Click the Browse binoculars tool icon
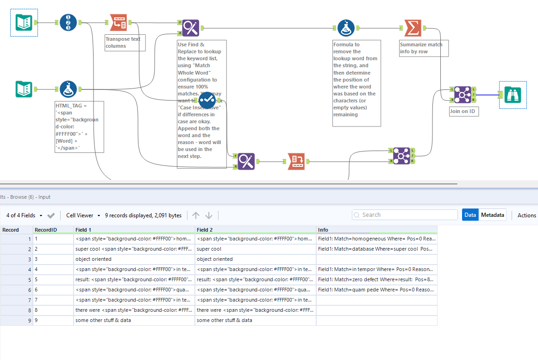point(513,95)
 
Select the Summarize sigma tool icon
point(413,28)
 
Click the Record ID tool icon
point(68,22)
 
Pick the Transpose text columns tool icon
point(118,22)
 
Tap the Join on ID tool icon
point(462,95)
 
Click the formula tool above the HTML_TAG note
point(68,89)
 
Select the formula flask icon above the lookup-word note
point(346,28)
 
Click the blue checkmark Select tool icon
point(207,101)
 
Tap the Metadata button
point(492,215)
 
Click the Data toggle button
point(470,215)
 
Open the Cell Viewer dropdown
point(83,215)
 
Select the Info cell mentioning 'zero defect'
point(376,279)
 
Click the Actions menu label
point(526,215)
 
